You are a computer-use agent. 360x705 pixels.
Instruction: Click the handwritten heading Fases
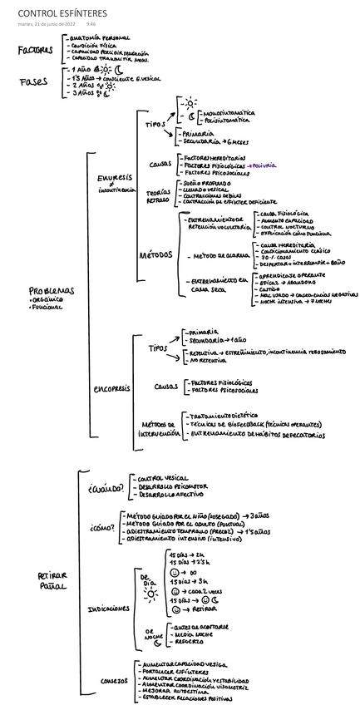tap(33, 81)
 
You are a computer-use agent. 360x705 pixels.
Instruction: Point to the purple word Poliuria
tap(264, 165)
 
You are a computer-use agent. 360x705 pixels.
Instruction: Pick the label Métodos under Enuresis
tap(157, 255)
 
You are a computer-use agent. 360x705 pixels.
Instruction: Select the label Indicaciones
tap(108, 608)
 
